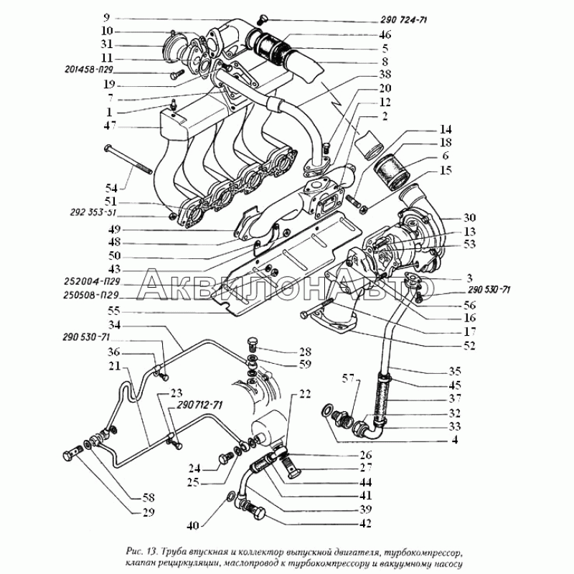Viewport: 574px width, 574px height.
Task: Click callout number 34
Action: [134, 325]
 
